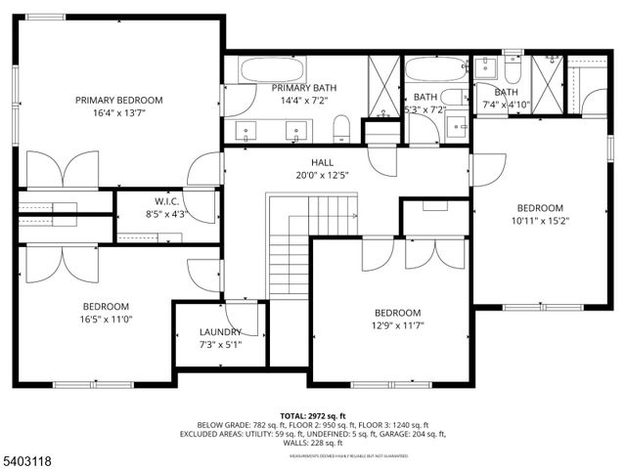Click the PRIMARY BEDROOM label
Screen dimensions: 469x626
pyautogui.click(x=119, y=100)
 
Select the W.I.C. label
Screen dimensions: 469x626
pyautogui.click(x=164, y=201)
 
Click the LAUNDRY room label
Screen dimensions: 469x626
pyautogui.click(x=220, y=332)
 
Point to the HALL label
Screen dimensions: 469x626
pyautogui.click(x=322, y=162)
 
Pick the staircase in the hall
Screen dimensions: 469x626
pyautogui.click(x=311, y=244)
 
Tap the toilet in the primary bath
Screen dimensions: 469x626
pyautogui.click(x=341, y=127)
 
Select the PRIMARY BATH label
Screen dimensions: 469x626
pyautogui.click(x=304, y=88)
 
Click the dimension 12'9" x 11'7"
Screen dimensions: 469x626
pyautogui.click(x=396, y=325)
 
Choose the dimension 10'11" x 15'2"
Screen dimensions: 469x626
pyautogui.click(x=540, y=221)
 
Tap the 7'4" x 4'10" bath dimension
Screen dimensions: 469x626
pyautogui.click(x=505, y=105)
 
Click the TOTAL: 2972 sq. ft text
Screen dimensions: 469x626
pyautogui.click(x=312, y=415)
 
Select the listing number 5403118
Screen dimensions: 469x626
pyautogui.click(x=28, y=457)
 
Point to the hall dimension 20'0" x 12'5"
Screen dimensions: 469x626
pyautogui.click(x=322, y=176)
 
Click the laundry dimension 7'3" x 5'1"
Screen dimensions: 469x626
pyautogui.click(x=220, y=345)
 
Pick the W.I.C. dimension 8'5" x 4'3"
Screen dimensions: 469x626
pyautogui.click(x=164, y=214)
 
